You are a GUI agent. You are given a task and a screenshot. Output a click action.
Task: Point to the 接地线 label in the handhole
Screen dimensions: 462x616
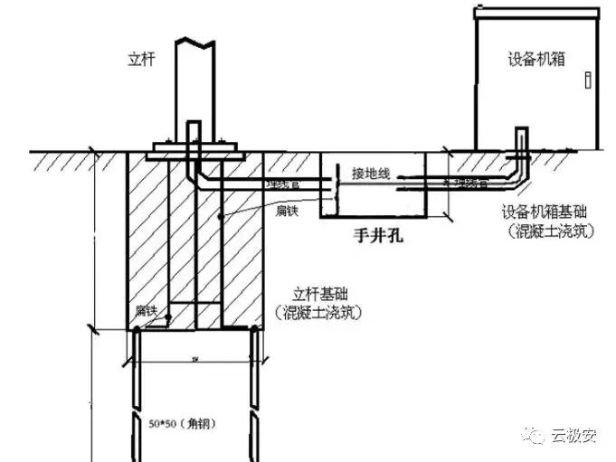point(372,174)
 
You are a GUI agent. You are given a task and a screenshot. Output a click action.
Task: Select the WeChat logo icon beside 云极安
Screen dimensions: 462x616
point(539,437)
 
